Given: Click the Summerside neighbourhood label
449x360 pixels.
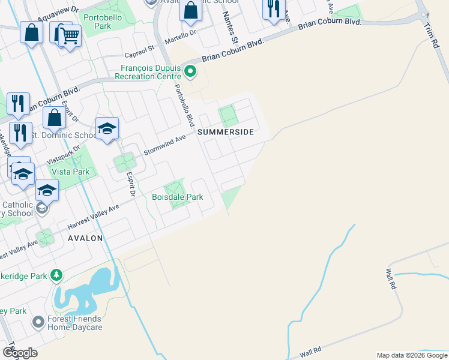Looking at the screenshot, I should pyautogui.click(x=225, y=131).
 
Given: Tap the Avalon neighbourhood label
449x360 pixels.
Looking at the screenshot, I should pyautogui.click(x=85, y=238).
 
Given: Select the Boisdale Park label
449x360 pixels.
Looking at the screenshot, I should pyautogui.click(x=177, y=197).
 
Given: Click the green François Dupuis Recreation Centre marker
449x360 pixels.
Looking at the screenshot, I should pyautogui.click(x=190, y=73).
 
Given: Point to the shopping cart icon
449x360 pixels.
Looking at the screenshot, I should pyautogui.click(x=70, y=36).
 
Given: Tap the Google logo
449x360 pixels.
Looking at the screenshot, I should pyautogui.click(x=20, y=353).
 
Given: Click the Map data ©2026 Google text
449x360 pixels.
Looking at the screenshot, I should pyautogui.click(x=411, y=355).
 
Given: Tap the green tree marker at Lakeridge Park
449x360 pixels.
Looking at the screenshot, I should pyautogui.click(x=56, y=275).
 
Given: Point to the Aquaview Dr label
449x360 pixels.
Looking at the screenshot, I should pyautogui.click(x=58, y=14).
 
